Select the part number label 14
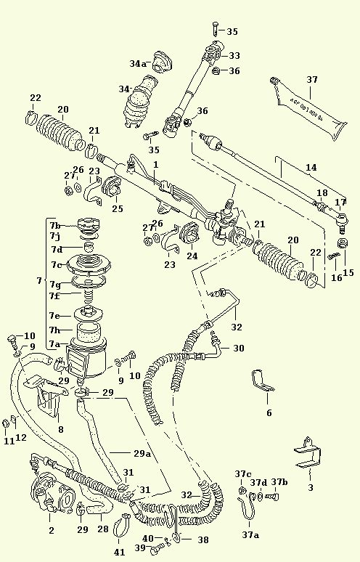point(311,167)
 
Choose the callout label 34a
point(138,64)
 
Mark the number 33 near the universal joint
point(234,55)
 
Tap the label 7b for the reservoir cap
point(55,225)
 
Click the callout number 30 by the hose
point(239,348)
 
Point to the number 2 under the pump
point(51,531)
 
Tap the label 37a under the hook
point(250,534)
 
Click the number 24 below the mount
point(192,255)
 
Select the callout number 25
point(117,209)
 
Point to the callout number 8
point(60,429)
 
